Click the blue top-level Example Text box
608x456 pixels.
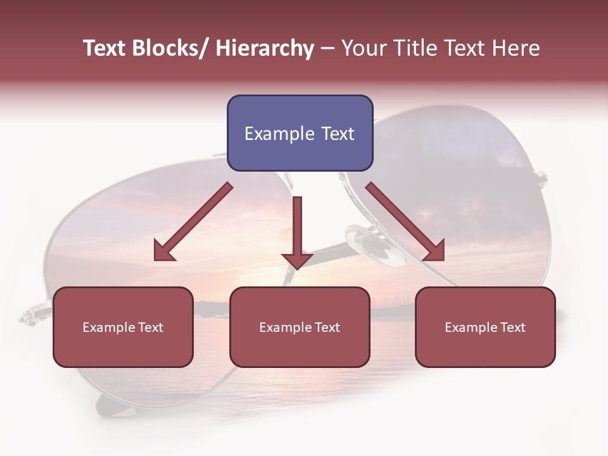[300, 133]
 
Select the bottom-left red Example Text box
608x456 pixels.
[123, 327]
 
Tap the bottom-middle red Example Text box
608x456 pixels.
[300, 327]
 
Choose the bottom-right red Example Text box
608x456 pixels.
[485, 327]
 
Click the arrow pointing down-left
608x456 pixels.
[193, 222]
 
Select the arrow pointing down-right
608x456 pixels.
[405, 222]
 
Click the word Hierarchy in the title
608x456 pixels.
[265, 49]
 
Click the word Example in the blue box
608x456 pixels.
[279, 134]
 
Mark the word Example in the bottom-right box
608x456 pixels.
[469, 327]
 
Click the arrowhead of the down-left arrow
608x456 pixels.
[163, 251]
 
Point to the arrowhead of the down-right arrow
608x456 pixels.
[435, 251]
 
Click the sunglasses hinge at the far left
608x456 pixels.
[28, 315]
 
